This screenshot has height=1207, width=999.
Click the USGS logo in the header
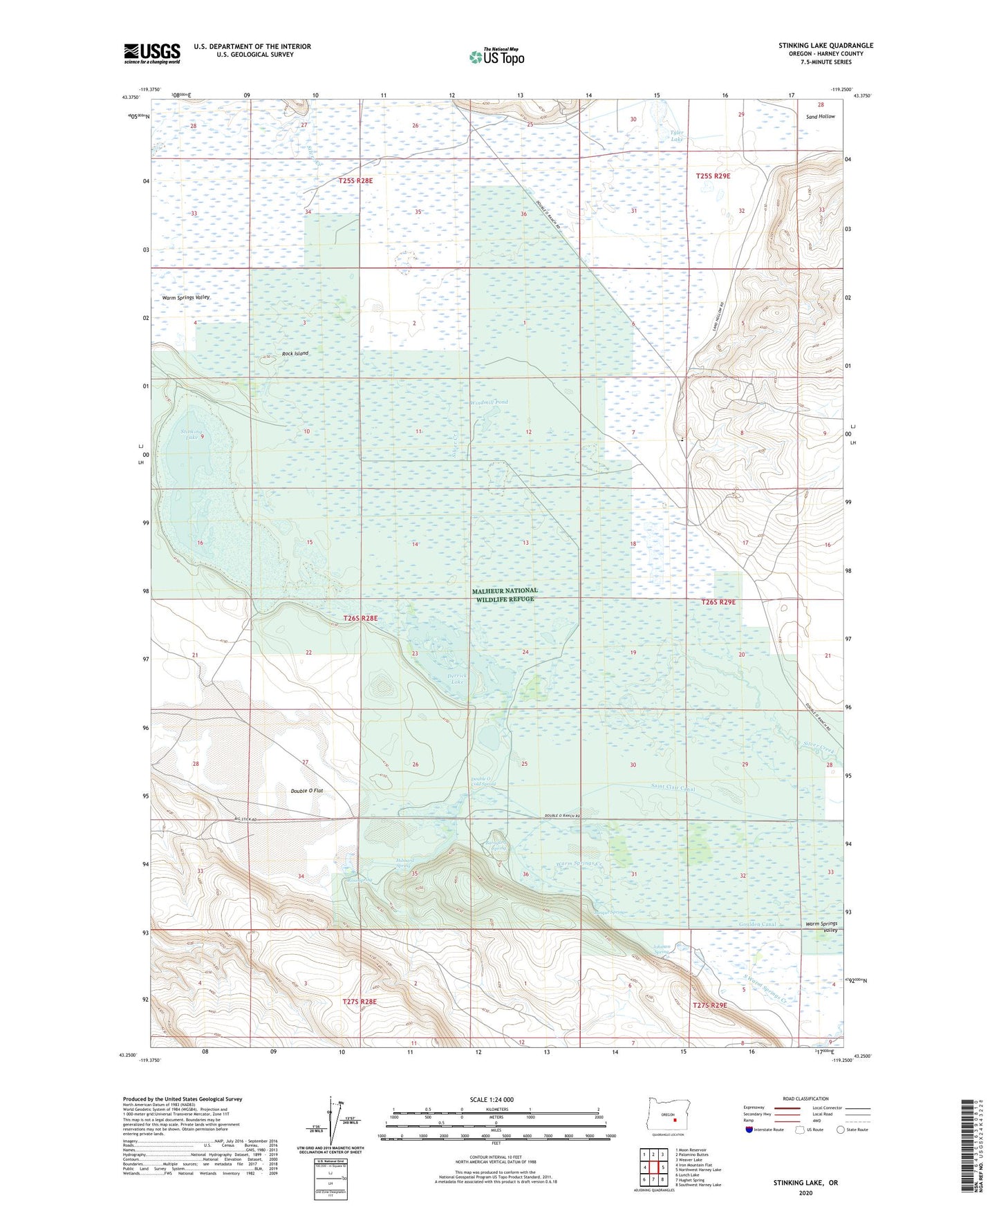coord(151,53)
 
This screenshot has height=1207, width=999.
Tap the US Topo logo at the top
coord(496,57)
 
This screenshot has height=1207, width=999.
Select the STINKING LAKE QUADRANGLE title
coord(825,46)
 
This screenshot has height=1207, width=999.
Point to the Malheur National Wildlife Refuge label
coord(505,595)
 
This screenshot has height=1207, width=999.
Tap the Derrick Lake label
coord(457,679)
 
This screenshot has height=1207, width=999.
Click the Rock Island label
coord(295,353)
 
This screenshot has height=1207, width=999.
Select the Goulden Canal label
coord(758,924)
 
